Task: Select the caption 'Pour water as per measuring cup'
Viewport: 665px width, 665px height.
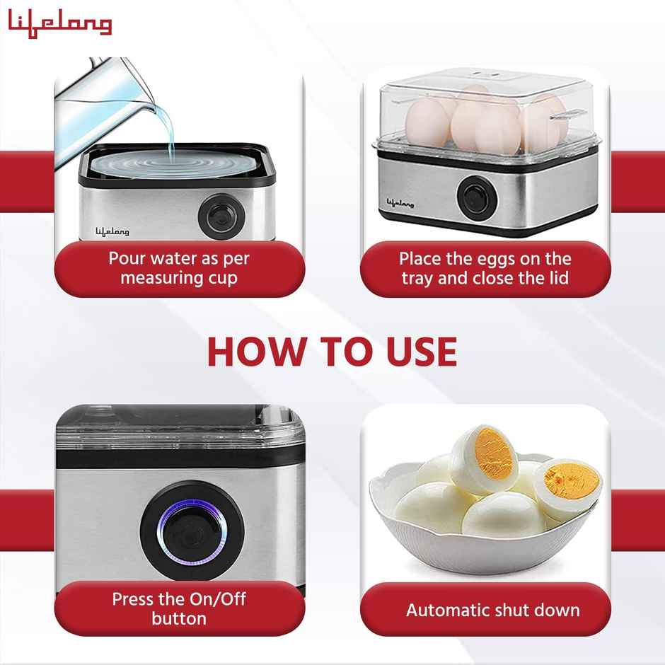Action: click(x=178, y=267)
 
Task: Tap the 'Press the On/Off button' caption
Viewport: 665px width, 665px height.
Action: click(x=178, y=608)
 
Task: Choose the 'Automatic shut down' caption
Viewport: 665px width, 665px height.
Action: click(x=492, y=609)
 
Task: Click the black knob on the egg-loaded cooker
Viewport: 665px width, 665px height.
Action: click(x=471, y=193)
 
